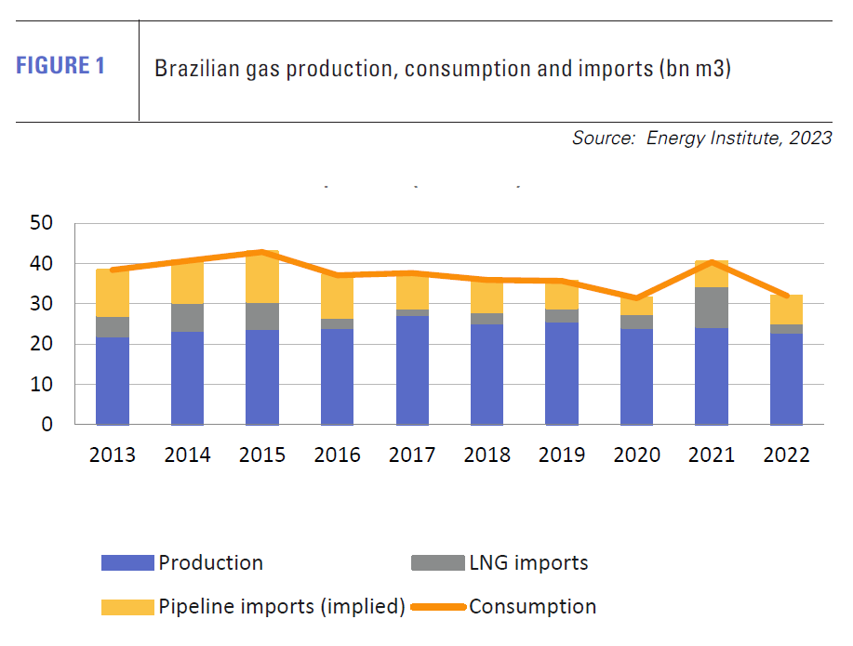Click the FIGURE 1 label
(x=60, y=67)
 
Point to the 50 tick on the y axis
(x=42, y=224)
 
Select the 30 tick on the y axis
(x=42, y=304)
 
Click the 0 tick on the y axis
(x=48, y=425)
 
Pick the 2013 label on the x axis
(x=112, y=455)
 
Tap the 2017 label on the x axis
(x=412, y=455)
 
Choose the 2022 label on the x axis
(x=786, y=455)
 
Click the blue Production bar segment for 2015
(x=262, y=376)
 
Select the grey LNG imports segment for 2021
(x=712, y=308)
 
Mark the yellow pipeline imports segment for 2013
(x=112, y=293)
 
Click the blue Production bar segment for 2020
(x=636, y=376)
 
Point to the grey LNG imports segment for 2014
(x=187, y=318)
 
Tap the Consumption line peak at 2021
(x=712, y=262)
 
